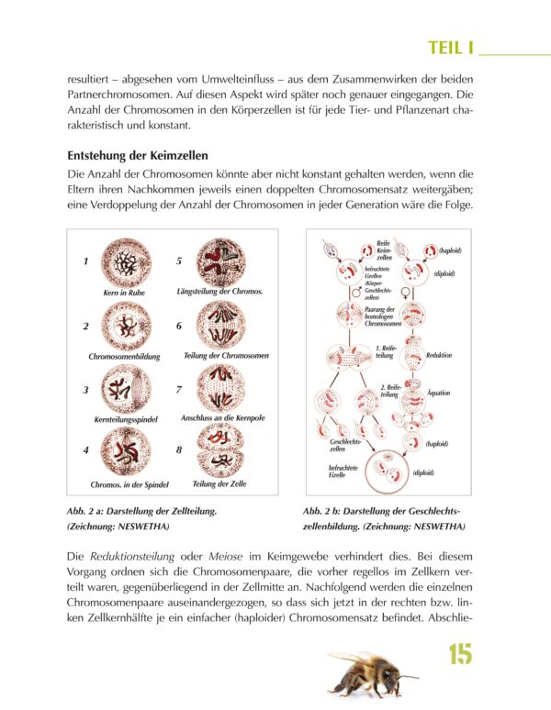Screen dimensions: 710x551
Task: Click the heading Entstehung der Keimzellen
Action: pyautogui.click(x=138, y=155)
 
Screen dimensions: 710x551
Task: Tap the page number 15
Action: pyautogui.click(x=460, y=655)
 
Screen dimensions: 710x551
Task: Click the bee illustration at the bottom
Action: pyautogui.click(x=370, y=672)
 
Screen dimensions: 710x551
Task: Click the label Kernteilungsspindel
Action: pyautogui.click(x=120, y=418)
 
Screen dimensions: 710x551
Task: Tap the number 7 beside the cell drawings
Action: pyautogui.click(x=179, y=389)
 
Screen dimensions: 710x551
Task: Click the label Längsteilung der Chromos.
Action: pyautogui.click(x=219, y=291)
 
